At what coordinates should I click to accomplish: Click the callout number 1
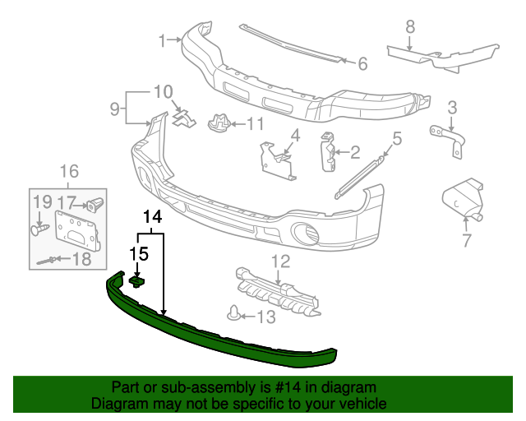tap(163, 39)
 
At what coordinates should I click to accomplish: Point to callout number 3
tap(451, 106)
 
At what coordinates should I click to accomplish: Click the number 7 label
tap(466, 241)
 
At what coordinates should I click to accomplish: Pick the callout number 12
tap(281, 261)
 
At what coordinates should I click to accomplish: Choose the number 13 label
tap(267, 317)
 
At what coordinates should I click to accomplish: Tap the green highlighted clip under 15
tap(137, 282)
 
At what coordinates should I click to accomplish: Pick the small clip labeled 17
tap(97, 201)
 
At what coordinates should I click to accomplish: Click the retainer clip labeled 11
tap(218, 124)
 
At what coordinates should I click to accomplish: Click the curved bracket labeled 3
tap(449, 138)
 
